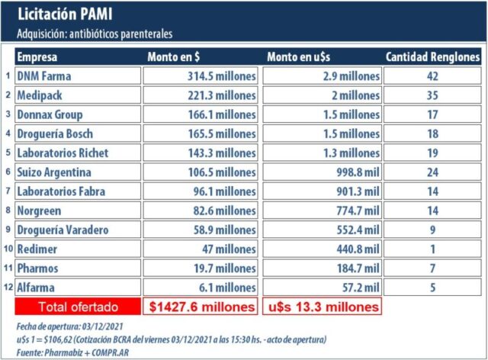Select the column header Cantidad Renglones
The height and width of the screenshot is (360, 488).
(432, 57)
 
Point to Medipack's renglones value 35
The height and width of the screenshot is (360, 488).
(432, 95)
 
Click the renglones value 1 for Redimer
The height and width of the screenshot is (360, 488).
(432, 249)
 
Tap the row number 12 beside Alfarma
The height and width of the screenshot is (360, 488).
(7, 287)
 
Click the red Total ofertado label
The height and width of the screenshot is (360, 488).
(78, 307)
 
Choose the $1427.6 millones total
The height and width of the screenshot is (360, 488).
(200, 307)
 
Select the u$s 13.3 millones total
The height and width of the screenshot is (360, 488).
(321, 307)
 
